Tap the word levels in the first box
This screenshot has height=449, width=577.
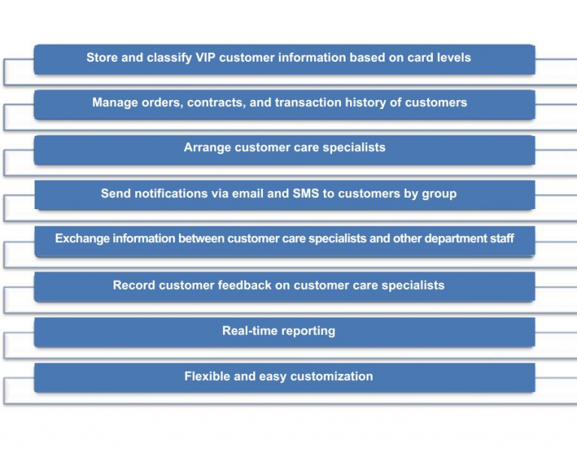pyautogui.click(x=451, y=58)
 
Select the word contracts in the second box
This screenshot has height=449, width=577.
pyautogui.click(x=215, y=103)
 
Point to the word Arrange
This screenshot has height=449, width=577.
pyautogui.click(x=207, y=148)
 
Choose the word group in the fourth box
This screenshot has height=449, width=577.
pyautogui.click(x=439, y=194)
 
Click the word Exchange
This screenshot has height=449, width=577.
pyautogui.click(x=82, y=239)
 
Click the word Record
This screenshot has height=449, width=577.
pyautogui.click(x=134, y=286)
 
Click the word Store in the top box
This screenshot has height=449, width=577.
pyautogui.click(x=103, y=58)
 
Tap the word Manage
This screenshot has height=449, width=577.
pyautogui.click(x=115, y=103)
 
